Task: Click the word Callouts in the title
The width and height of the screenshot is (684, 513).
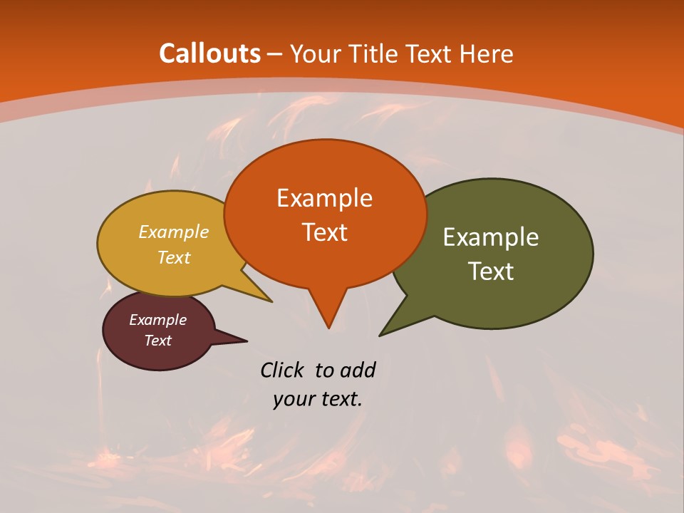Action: click(209, 53)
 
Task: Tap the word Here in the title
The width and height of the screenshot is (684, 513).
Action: click(487, 53)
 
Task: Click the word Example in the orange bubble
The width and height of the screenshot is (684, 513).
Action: click(324, 198)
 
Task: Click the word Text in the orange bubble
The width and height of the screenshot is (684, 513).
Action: click(324, 232)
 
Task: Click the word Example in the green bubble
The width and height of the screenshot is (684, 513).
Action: click(491, 237)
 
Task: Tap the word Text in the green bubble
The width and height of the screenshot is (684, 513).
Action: click(491, 271)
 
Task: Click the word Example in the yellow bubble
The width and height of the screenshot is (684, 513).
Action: click(174, 232)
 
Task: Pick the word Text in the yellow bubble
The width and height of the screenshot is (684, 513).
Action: click(174, 258)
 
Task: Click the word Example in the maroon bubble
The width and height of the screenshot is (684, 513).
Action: click(157, 320)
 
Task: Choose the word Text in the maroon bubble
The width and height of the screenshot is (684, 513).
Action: click(157, 341)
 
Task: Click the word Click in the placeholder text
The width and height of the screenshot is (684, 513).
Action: click(284, 370)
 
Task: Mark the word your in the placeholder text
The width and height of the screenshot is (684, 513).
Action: click(291, 399)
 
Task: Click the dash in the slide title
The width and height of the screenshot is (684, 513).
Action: click(274, 54)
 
